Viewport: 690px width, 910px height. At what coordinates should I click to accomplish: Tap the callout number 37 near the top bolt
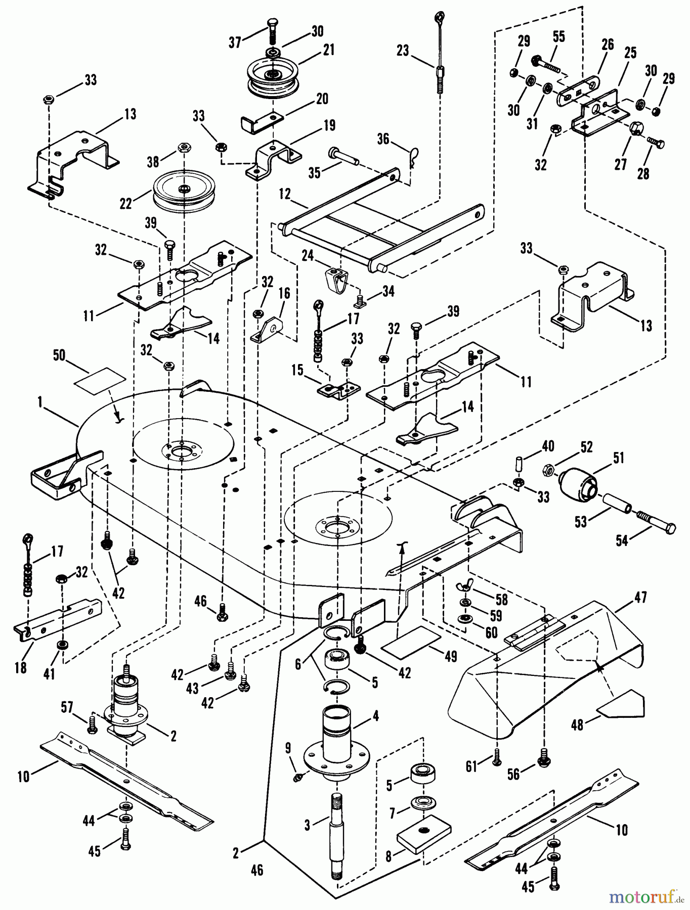235,42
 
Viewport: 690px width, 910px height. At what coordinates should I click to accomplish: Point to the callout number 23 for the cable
403,51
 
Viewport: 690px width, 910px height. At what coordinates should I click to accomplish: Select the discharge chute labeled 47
546,672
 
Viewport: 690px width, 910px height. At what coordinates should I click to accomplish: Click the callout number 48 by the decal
577,724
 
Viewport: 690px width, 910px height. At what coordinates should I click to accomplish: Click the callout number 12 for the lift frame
285,194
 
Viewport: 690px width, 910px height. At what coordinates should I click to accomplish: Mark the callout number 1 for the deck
39,402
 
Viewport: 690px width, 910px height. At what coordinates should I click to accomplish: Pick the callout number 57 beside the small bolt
67,707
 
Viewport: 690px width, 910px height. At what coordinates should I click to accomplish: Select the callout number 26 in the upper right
608,44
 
